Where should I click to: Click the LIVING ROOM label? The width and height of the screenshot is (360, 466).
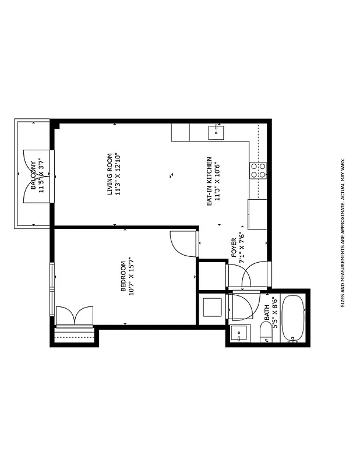click(110, 174)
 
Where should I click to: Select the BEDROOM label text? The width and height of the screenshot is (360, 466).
click(123, 277)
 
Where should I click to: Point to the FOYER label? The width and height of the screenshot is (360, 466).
click(234, 248)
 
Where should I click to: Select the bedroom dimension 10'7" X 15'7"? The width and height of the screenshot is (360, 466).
click(131, 277)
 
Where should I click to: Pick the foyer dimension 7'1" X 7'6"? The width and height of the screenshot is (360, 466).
click(241, 248)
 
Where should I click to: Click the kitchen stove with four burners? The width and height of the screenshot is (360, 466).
click(258, 170)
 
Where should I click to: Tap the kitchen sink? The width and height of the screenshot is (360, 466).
click(217, 132)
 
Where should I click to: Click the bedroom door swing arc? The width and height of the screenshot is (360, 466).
click(183, 243)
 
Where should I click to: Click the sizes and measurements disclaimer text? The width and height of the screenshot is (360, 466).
click(343, 233)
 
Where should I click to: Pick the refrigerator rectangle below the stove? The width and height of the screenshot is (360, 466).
click(257, 214)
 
